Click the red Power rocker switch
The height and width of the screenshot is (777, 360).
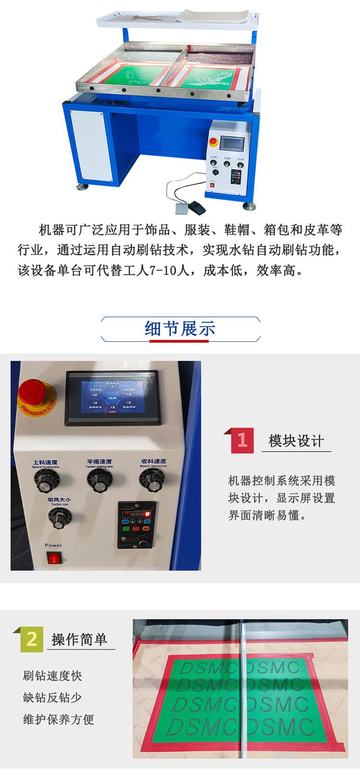click(54, 558)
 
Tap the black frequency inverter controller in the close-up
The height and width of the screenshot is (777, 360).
click(137, 525)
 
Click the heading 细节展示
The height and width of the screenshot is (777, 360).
click(180, 329)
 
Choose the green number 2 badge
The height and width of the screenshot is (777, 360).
click(32, 639)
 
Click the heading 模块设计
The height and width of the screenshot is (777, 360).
click(296, 441)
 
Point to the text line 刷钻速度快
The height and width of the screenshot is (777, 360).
click(53, 676)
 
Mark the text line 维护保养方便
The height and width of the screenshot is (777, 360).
click(59, 719)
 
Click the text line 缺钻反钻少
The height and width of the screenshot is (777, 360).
click(53, 698)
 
